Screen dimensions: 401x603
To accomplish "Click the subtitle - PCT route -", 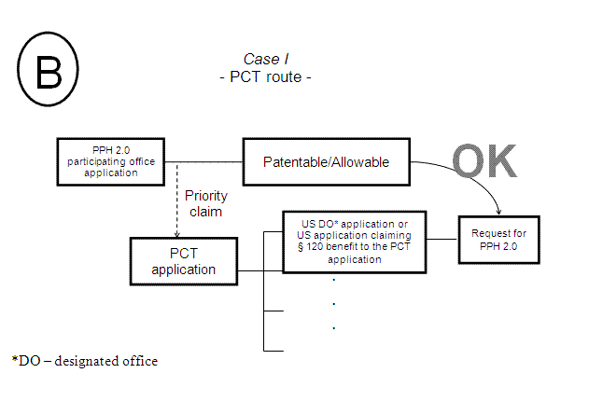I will (x=272, y=76).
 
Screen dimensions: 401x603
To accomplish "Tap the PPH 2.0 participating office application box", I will (x=115, y=161).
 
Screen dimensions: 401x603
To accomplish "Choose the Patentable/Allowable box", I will (x=327, y=162).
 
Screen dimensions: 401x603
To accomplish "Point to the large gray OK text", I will (x=484, y=160).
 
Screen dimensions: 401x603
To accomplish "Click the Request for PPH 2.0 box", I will (x=500, y=241).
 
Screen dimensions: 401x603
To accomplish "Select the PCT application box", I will (x=184, y=261).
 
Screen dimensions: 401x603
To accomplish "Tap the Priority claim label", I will (x=204, y=203).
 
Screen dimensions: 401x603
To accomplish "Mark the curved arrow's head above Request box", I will (x=499, y=212).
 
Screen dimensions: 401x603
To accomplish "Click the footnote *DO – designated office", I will (x=85, y=360).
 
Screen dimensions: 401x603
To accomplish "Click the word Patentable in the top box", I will (x=298, y=162).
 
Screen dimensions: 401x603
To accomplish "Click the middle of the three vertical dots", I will (x=333, y=304).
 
